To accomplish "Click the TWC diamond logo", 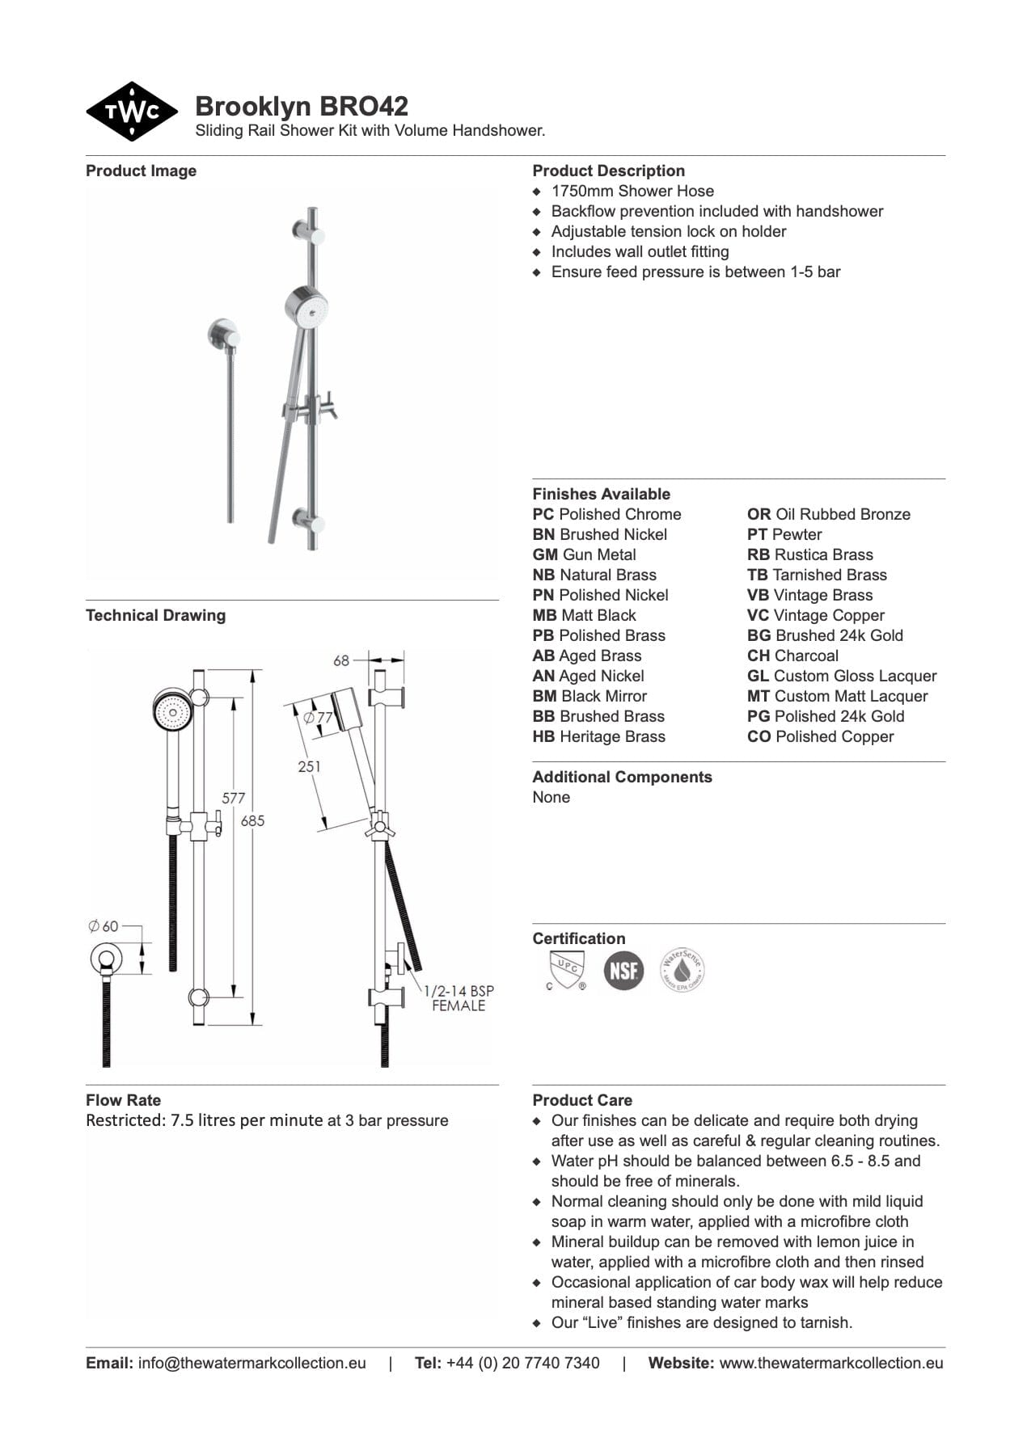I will pyautogui.click(x=132, y=112).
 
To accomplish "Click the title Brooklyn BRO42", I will pyautogui.click(x=302, y=106).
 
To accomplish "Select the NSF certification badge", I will pyautogui.click(x=623, y=971).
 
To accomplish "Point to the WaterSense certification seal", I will pyautogui.click(x=682, y=970).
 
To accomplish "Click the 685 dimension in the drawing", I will pyautogui.click(x=252, y=820).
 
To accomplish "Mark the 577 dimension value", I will pyautogui.click(x=233, y=798).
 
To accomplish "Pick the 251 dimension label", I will pyautogui.click(x=309, y=766).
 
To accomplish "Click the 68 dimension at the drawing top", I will pyautogui.click(x=341, y=660).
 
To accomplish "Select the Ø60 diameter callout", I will pyautogui.click(x=104, y=926).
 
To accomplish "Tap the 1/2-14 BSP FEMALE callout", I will pyautogui.click(x=458, y=998).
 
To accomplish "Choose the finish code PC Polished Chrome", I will pyautogui.click(x=606, y=514).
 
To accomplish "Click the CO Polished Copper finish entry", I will pyautogui.click(x=820, y=736).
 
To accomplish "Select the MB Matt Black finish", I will pyautogui.click(x=584, y=615).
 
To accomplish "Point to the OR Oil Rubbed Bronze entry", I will pyautogui.click(x=828, y=514).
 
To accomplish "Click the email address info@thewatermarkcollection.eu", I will pyautogui.click(x=251, y=1363).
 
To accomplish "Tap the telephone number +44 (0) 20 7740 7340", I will pyautogui.click(x=522, y=1363).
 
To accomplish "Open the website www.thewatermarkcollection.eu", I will pyautogui.click(x=830, y=1363).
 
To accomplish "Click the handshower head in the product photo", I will pyautogui.click(x=307, y=307).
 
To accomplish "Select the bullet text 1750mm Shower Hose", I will pyautogui.click(x=632, y=191).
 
